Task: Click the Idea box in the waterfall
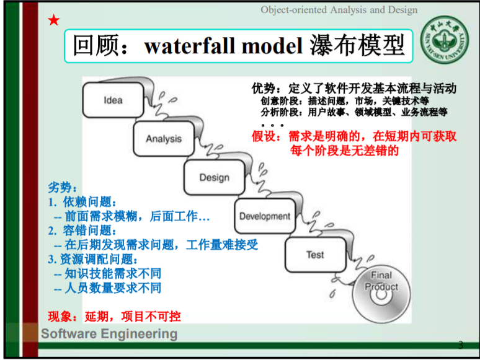point(113,100)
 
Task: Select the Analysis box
point(164,139)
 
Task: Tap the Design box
point(214,178)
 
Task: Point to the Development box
point(265,216)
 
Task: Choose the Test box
point(315,255)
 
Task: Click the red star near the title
point(54,20)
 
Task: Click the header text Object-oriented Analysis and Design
point(339,10)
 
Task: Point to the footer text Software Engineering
point(109,334)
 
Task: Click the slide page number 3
point(460,345)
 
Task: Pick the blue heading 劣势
point(63,187)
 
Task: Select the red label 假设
point(266,136)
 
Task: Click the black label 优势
point(265,89)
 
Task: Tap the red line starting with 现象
point(115,316)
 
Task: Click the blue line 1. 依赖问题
point(82,202)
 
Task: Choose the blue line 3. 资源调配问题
point(93,259)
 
